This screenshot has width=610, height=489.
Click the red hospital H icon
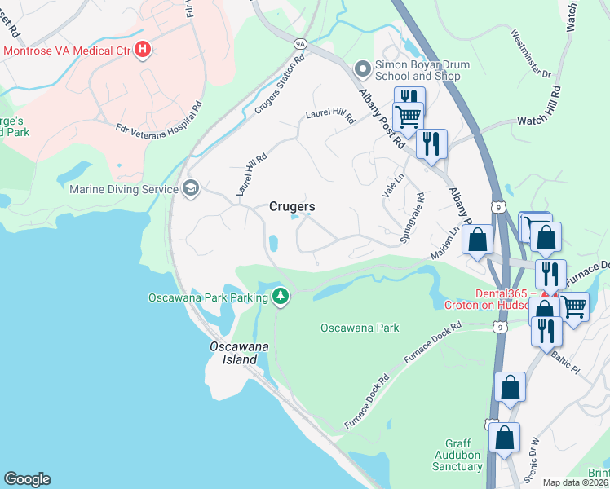tap(144, 51)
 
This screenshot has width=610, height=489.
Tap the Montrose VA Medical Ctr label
tap(67, 51)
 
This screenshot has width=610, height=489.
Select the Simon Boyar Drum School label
tap(418, 70)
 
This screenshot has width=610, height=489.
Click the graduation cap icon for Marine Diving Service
tap(191, 189)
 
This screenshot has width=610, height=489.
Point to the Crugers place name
tap(292, 207)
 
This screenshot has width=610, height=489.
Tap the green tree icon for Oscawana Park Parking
tap(281, 296)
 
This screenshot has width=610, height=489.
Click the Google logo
tap(27, 479)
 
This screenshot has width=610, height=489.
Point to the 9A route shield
tap(301, 43)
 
